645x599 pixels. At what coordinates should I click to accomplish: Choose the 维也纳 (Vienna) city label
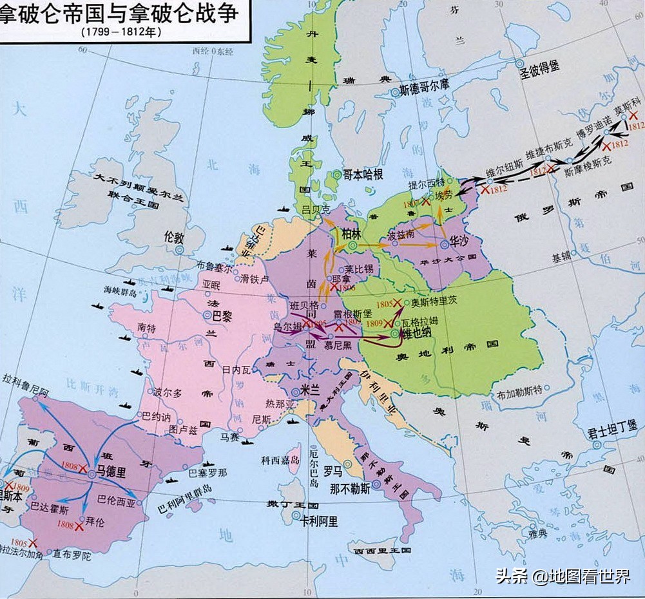click(x=419, y=334)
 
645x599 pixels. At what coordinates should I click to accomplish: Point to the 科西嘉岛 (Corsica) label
click(x=280, y=461)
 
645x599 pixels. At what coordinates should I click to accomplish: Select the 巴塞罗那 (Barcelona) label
click(x=207, y=472)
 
